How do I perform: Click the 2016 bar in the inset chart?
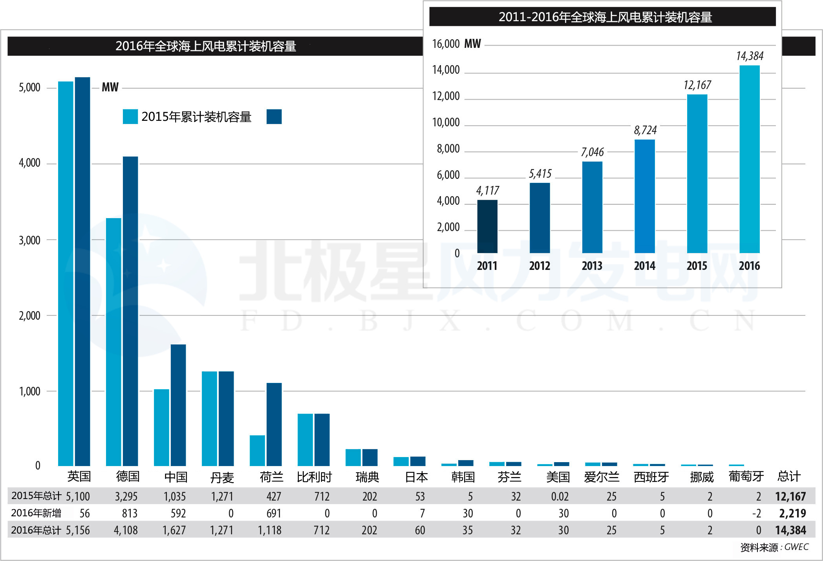(749, 159)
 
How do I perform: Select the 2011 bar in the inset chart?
(487, 226)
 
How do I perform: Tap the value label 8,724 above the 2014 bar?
(645, 130)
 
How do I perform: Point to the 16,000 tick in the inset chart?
(446, 44)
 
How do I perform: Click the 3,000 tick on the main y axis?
(29, 240)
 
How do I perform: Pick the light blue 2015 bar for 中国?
(161, 427)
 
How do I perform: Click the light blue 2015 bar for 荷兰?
(257, 450)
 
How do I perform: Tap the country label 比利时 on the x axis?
(314, 477)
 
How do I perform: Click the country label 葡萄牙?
(746, 477)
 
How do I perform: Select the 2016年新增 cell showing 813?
(130, 513)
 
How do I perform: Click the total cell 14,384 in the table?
(790, 530)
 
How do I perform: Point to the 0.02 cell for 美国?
(560, 497)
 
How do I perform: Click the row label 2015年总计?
(36, 496)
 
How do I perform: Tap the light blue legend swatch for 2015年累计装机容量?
(130, 117)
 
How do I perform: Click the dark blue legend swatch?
(274, 117)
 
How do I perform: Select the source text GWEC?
(796, 547)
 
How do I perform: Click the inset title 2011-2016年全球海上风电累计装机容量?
(605, 17)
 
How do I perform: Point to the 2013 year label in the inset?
(592, 266)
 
